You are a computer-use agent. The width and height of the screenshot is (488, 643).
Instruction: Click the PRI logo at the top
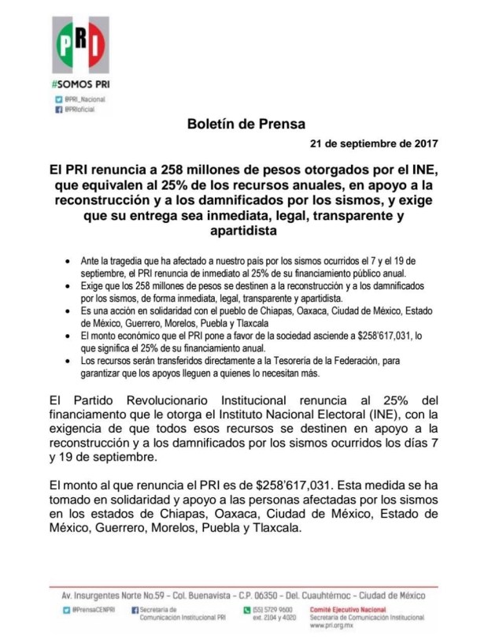tap(81, 46)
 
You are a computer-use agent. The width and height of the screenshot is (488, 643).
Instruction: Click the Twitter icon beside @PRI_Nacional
tap(58, 99)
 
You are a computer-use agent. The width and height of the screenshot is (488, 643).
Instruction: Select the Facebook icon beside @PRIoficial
tap(58, 111)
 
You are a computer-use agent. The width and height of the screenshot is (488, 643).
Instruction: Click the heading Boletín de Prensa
tap(245, 125)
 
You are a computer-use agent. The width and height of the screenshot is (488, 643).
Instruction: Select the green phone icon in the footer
tap(246, 609)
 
